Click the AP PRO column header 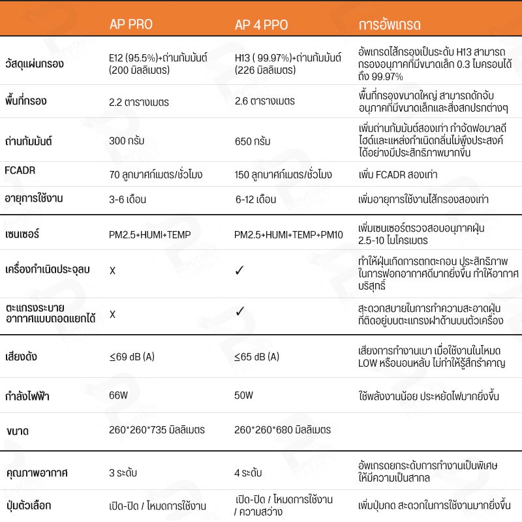(130, 25)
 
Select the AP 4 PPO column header (261, 25)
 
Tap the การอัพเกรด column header (390, 25)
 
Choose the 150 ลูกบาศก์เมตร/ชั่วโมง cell (284, 175)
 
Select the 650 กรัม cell (252, 141)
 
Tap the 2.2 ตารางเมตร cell (139, 102)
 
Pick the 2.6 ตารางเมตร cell (264, 102)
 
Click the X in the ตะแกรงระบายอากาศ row (112, 314)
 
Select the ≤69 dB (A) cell (131, 357)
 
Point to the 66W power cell (117, 395)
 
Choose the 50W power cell (243, 395)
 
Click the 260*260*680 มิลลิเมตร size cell (283, 431)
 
